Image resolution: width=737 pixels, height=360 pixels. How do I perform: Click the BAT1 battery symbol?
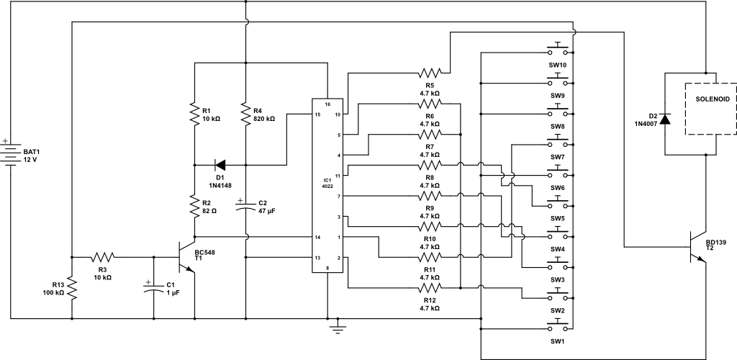pyautogui.click(x=12, y=153)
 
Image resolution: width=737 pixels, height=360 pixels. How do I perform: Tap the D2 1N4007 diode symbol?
pyautogui.click(x=664, y=119)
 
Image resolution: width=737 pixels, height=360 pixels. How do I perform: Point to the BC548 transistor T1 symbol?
pyautogui.click(x=186, y=258)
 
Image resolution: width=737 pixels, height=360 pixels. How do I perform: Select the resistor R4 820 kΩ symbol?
pyautogui.click(x=245, y=114)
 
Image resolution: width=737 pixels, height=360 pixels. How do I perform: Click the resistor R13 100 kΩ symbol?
pyautogui.click(x=72, y=287)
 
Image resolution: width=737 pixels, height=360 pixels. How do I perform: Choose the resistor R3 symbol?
pyautogui.click(x=103, y=256)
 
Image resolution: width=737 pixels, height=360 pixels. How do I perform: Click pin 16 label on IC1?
pyautogui.click(x=327, y=104)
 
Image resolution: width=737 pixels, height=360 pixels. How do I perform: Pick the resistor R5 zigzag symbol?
pyautogui.click(x=430, y=73)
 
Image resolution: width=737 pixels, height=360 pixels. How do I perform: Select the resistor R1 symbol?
pyautogui.click(x=194, y=114)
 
